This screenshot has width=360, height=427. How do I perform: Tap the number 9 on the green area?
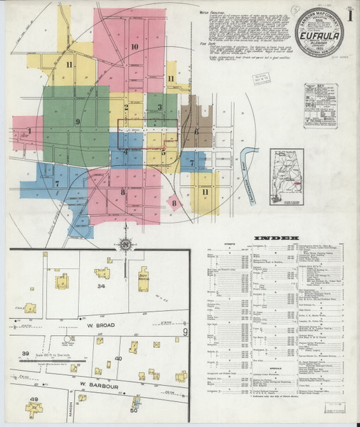click(x=77, y=122)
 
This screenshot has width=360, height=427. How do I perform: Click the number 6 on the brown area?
click(x=196, y=132)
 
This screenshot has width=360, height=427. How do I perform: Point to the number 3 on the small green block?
click(x=159, y=107)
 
